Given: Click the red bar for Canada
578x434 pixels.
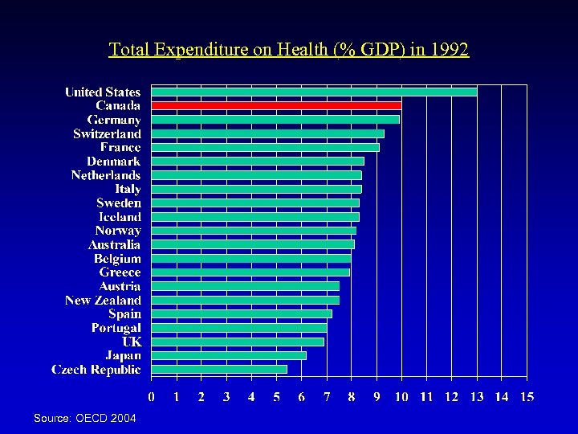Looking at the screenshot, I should [276, 105].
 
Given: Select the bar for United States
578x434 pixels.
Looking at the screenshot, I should [314, 92].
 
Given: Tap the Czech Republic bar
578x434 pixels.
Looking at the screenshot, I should [219, 369].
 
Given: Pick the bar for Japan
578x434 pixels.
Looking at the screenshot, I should [229, 355].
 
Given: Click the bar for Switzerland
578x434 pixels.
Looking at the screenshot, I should [267, 133].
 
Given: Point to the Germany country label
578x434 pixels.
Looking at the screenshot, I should [114, 120].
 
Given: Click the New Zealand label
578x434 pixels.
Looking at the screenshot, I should [103, 300].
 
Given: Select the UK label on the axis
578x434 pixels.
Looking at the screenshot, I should [131, 342].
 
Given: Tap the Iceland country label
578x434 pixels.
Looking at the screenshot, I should [119, 217].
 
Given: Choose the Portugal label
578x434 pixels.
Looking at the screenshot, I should [116, 328].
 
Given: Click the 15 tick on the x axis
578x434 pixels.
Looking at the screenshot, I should [527, 396].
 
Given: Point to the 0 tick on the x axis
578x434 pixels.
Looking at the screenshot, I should [152, 396].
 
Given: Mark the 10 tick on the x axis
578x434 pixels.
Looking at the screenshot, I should [401, 396].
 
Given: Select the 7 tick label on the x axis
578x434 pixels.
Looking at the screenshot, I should [327, 396].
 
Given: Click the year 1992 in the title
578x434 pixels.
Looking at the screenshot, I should [449, 50].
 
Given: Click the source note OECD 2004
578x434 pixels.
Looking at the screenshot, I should [85, 419].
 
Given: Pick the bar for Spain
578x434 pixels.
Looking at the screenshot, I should [242, 313].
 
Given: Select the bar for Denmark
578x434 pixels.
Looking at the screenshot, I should [258, 161].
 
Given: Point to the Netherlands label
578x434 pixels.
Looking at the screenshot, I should [105, 175].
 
